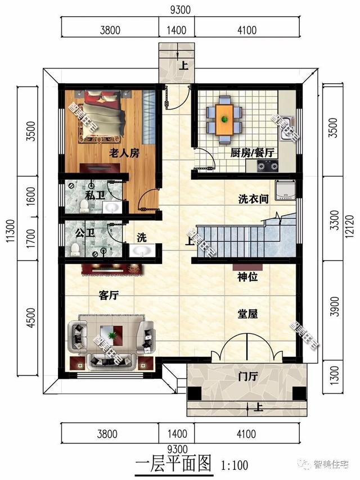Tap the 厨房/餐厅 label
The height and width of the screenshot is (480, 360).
coord(251,152)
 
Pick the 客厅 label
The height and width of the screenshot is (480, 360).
coord(108,295)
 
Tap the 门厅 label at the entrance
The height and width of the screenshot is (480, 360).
coord(247,377)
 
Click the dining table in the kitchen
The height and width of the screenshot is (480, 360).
coord(225,119)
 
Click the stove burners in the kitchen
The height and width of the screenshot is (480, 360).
coord(268,165)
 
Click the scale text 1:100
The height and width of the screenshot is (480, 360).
coord(236,465)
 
